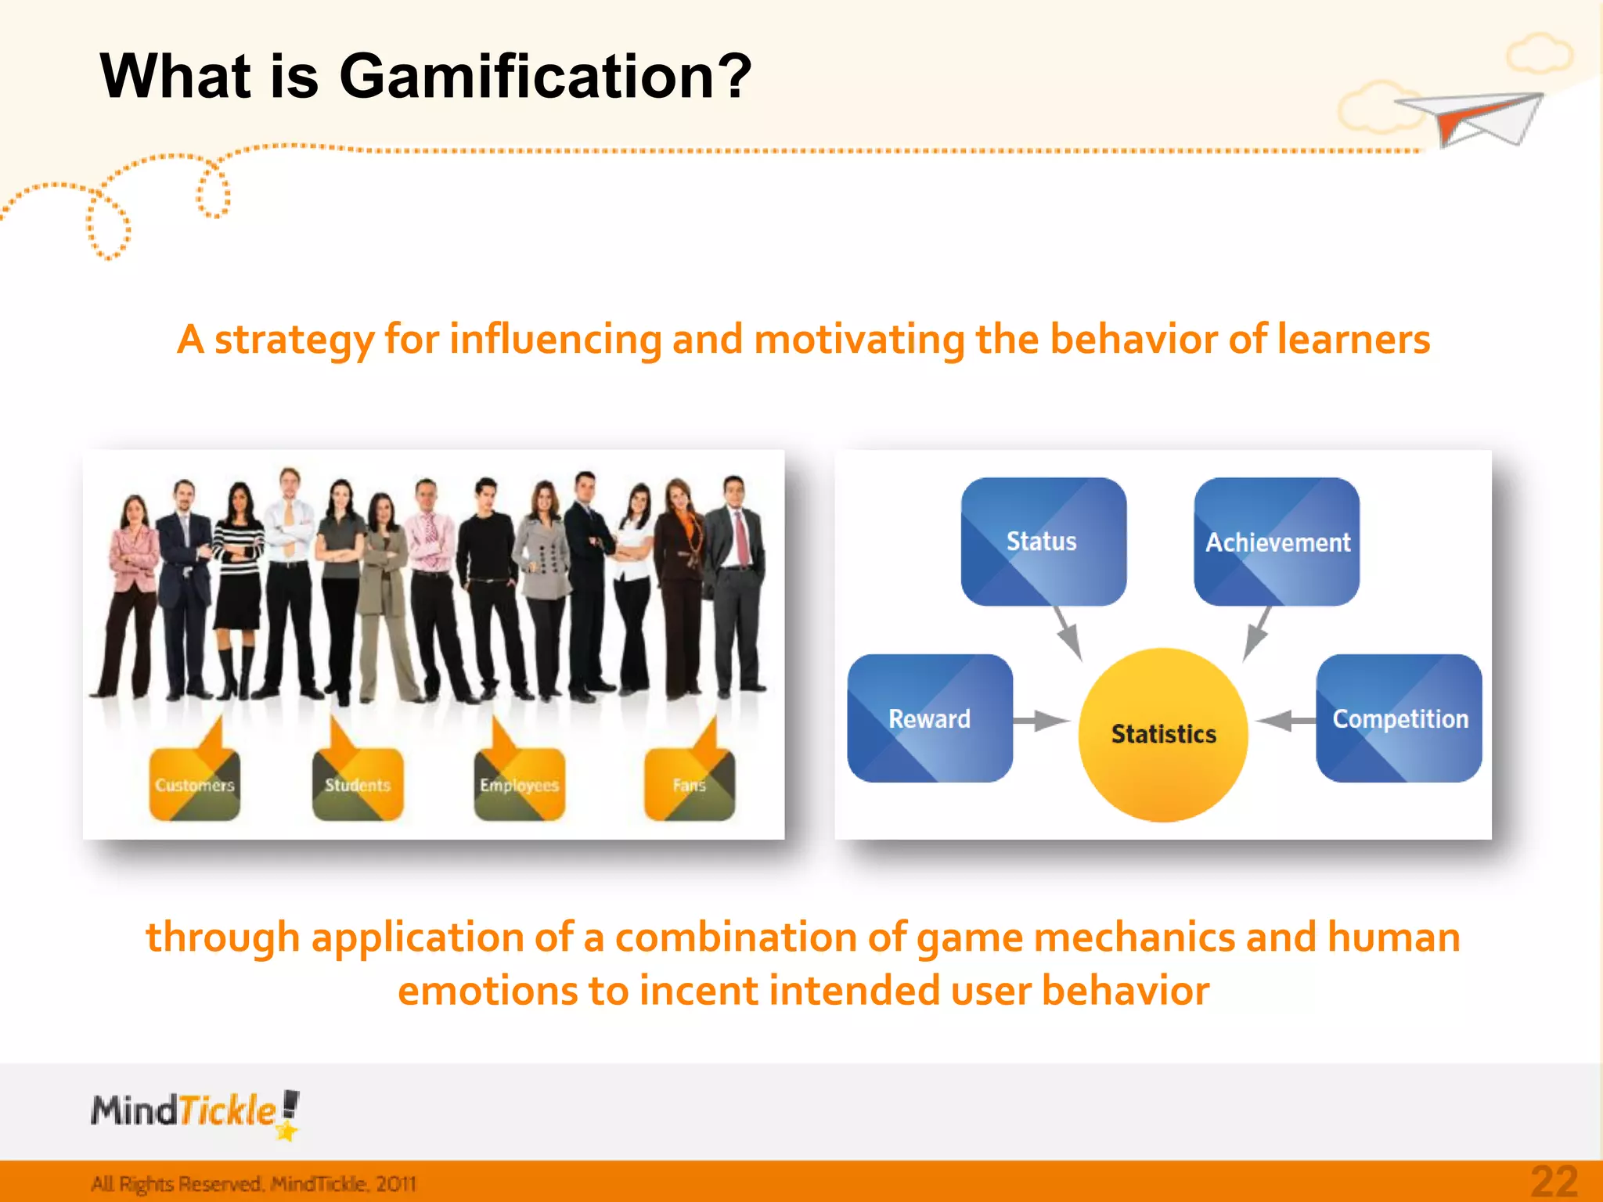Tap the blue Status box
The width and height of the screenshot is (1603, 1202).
pyautogui.click(x=1043, y=542)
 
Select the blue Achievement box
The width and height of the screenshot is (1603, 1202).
pyautogui.click(x=1276, y=542)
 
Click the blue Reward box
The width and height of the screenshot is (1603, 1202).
pyautogui.click(x=930, y=718)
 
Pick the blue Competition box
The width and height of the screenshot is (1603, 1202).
pyautogui.click(x=1399, y=718)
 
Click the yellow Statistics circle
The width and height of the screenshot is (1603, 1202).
pyautogui.click(x=1163, y=734)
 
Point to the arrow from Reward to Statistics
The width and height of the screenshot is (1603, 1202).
pyautogui.click(x=1041, y=720)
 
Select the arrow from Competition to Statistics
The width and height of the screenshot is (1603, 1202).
pyautogui.click(x=1284, y=720)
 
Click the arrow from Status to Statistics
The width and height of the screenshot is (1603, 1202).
pyautogui.click(x=1068, y=632)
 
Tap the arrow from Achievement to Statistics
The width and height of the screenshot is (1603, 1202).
pyautogui.click(x=1257, y=632)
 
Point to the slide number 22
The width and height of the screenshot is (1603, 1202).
pyautogui.click(x=1554, y=1182)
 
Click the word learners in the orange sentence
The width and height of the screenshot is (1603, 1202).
pyautogui.click(x=1353, y=340)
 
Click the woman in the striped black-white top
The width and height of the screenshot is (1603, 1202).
pyautogui.click(x=239, y=579)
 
